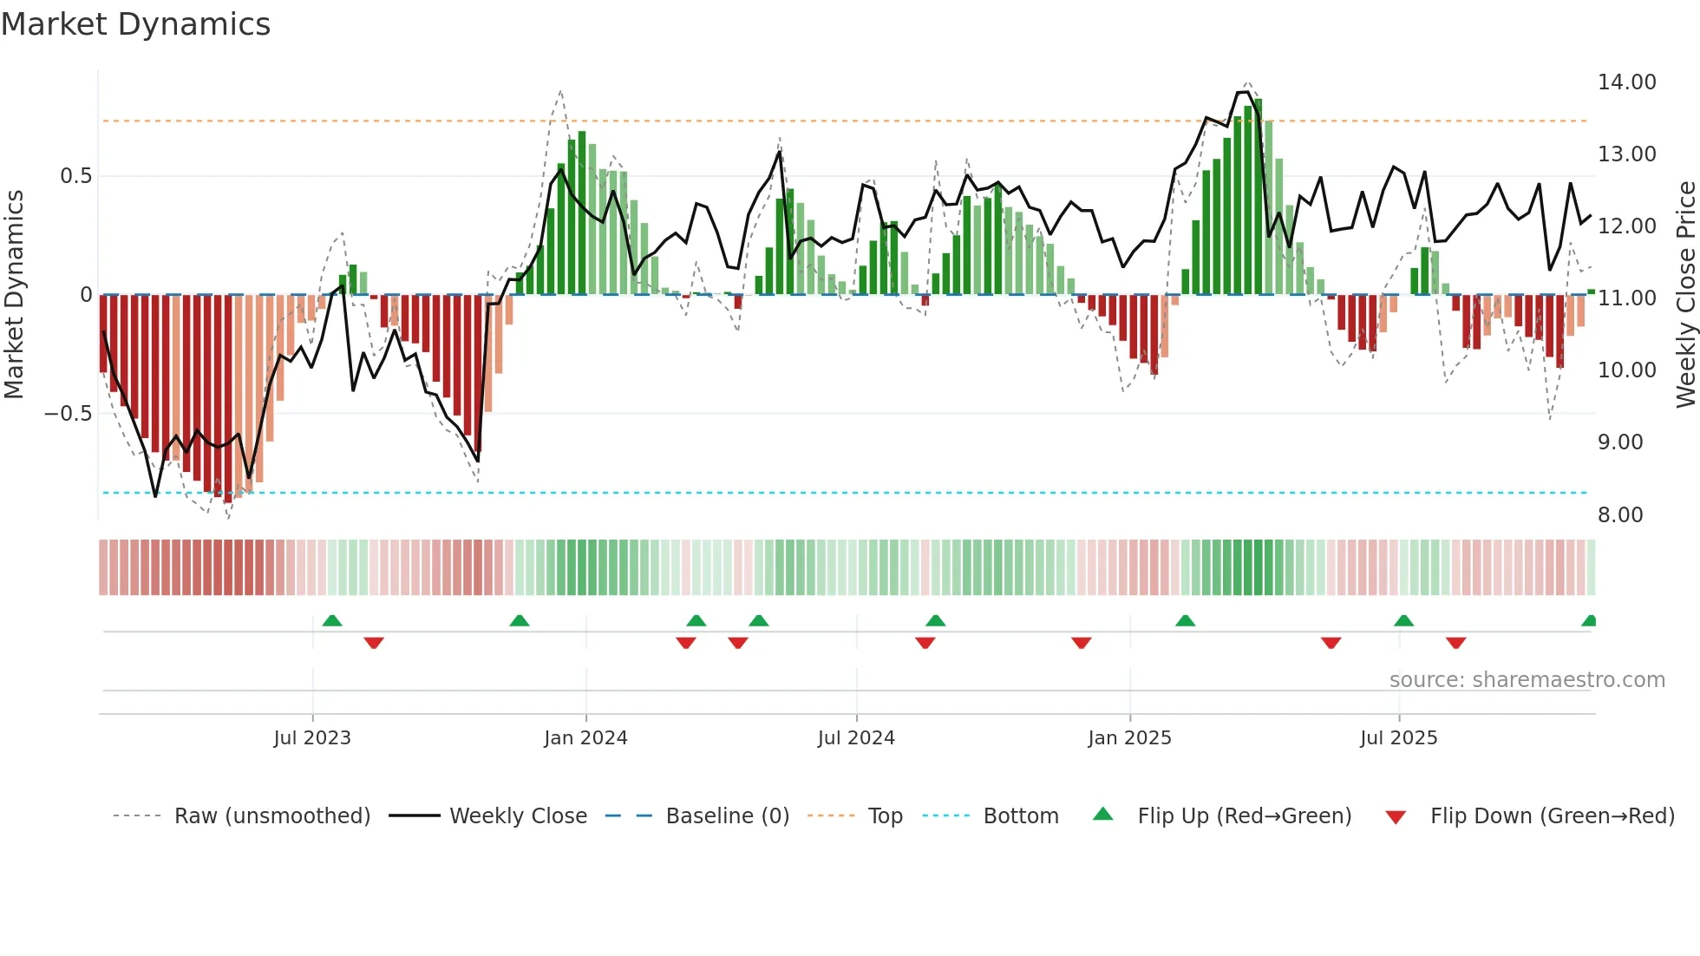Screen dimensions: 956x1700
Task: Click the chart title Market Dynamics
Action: coord(135,24)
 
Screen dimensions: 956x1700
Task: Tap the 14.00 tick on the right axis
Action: coord(1626,82)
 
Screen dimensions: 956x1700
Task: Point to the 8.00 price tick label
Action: coord(1620,515)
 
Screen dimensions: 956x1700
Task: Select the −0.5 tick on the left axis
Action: coord(68,414)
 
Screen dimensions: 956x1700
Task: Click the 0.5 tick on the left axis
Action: coord(75,176)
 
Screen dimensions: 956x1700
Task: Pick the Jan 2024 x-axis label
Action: coord(585,738)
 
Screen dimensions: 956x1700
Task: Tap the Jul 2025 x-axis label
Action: coord(1398,738)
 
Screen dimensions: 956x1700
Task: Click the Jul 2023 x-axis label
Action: coord(312,738)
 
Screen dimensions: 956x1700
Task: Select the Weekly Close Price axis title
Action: coord(1685,294)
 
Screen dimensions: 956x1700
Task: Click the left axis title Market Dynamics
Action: coord(14,294)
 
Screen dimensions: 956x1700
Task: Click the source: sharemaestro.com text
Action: coord(1527,680)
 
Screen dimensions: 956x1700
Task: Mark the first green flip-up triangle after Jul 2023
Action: coord(332,621)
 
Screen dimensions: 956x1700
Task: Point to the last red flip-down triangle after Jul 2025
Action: coord(1455,643)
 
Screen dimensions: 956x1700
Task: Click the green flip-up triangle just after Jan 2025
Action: coord(1185,621)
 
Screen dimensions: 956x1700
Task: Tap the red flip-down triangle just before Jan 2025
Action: coord(1081,643)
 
